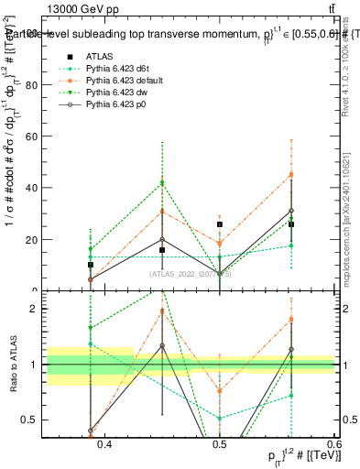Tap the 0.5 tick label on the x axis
(x=219, y=444)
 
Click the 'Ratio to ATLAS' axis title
(x=12, y=365)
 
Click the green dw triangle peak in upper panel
(x=162, y=183)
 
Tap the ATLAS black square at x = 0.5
(x=220, y=224)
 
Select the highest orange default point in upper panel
(x=291, y=174)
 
